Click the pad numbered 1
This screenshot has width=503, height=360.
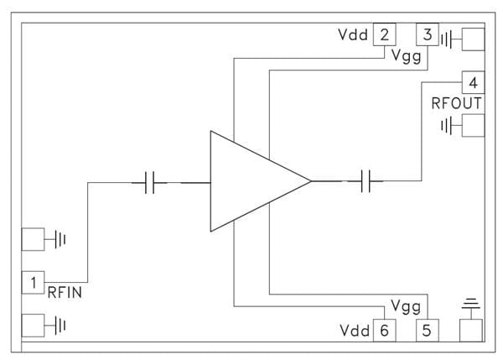pyautogui.click(x=33, y=283)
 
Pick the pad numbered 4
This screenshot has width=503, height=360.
pyautogui.click(x=474, y=83)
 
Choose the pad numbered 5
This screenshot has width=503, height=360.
pyautogui.click(x=428, y=330)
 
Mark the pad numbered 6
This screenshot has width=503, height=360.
pyautogui.click(x=384, y=330)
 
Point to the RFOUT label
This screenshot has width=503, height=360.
pyautogui.click(x=456, y=104)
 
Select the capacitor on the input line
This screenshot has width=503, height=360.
pyautogui.click(x=150, y=181)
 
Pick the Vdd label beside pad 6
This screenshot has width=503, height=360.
pyautogui.click(x=354, y=330)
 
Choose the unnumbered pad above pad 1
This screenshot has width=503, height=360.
pyautogui.click(x=33, y=240)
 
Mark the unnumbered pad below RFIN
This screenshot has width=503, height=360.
pyautogui.click(x=33, y=324)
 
